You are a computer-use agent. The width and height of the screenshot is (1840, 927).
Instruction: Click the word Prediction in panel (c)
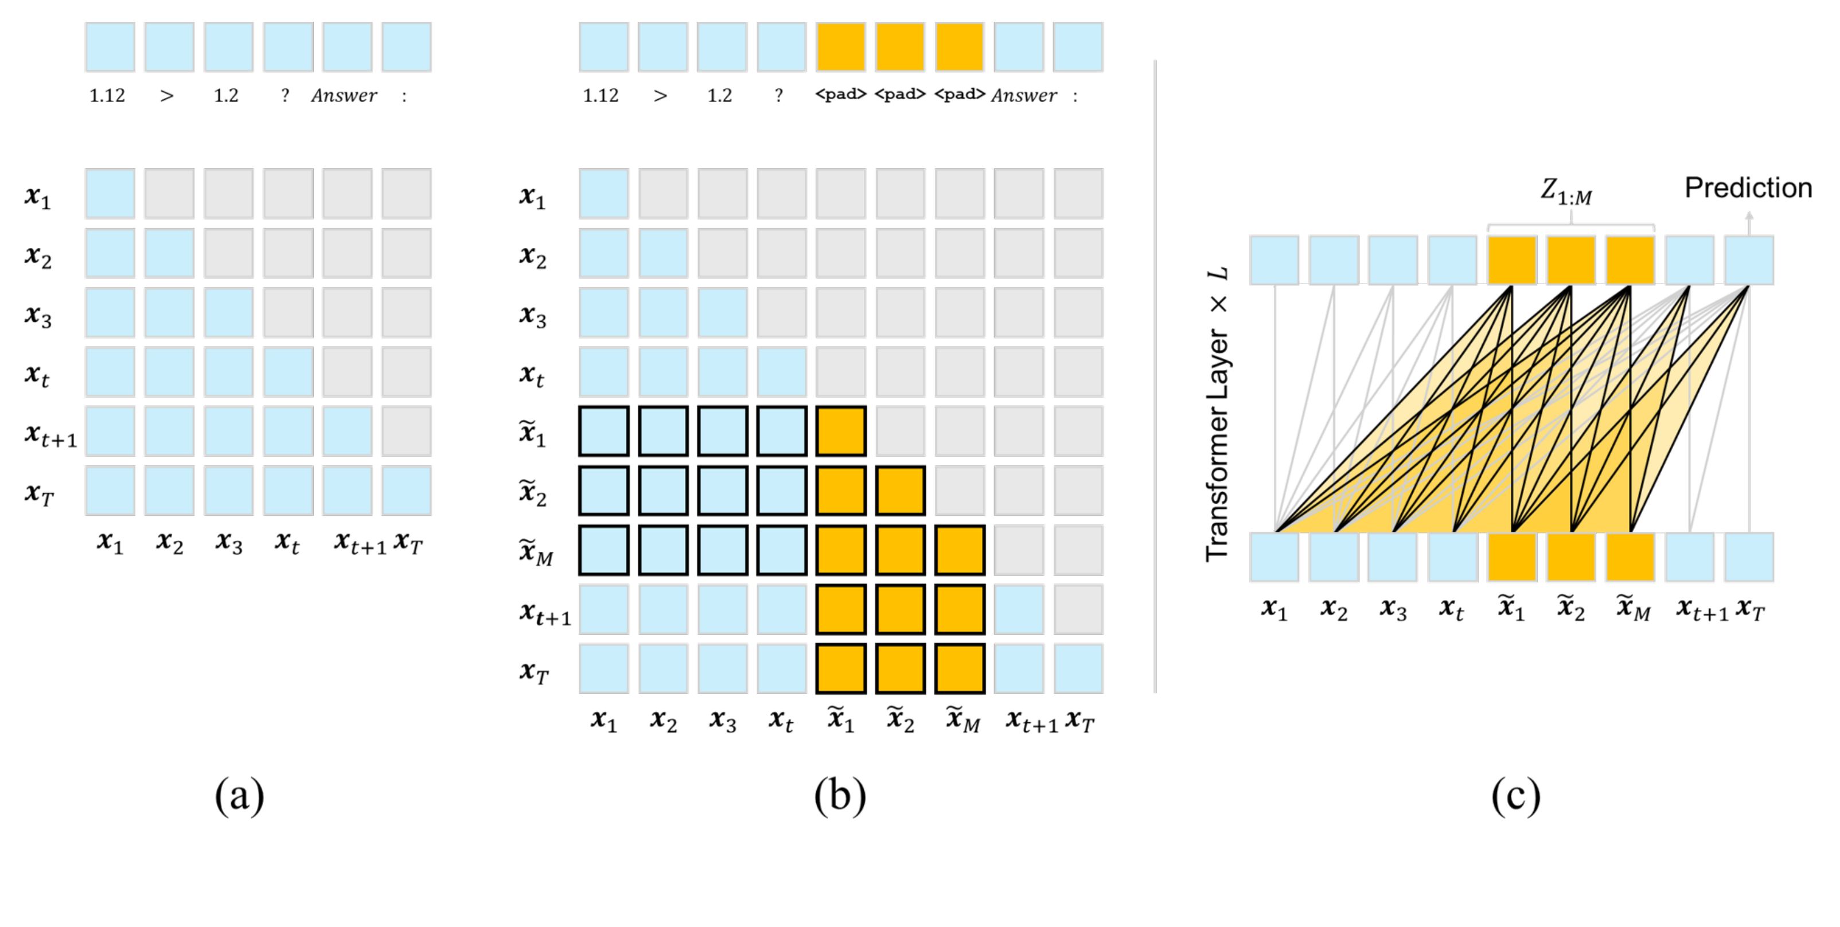tap(1748, 188)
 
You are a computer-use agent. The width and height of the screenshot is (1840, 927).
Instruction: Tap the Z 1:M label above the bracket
tap(1566, 192)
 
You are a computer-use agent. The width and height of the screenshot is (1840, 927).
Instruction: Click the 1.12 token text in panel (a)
tap(107, 96)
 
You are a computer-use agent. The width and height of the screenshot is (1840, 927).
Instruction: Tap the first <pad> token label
tap(841, 94)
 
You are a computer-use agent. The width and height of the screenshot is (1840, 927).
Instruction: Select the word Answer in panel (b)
tap(1024, 96)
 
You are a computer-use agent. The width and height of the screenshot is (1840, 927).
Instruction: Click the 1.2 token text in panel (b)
tap(719, 96)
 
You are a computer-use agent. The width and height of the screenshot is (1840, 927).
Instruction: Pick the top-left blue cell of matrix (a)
tap(110, 193)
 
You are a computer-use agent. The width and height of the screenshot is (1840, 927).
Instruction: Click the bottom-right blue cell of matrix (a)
tap(407, 490)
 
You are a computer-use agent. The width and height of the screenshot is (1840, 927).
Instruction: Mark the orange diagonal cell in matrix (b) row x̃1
tap(841, 431)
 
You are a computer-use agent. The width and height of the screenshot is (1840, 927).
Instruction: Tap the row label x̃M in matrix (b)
tap(536, 552)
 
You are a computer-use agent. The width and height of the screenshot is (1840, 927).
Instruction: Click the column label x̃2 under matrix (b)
tap(900, 720)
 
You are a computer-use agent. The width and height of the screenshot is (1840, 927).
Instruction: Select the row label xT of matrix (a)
tap(38, 493)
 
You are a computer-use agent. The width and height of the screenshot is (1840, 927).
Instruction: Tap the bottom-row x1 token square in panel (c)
tap(1274, 557)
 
